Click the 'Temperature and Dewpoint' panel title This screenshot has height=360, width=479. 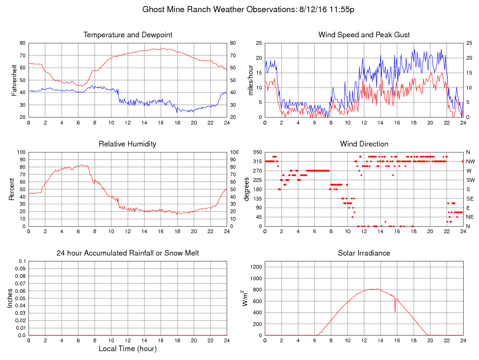pyautogui.click(x=128, y=35)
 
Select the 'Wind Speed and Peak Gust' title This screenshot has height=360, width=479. pyautogui.click(x=364, y=35)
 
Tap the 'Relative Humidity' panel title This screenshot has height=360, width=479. pyautogui.click(x=128, y=144)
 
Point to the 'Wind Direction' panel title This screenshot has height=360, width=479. pyautogui.click(x=364, y=144)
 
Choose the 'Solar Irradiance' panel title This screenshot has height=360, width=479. pyautogui.click(x=364, y=253)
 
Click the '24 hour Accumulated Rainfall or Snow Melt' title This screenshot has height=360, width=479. pyautogui.click(x=128, y=253)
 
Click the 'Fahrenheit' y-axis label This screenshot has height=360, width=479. pyautogui.click(x=14, y=80)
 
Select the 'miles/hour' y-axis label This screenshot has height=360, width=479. pyautogui.click(x=250, y=80)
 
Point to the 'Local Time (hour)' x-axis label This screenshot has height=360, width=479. pyautogui.click(x=128, y=348)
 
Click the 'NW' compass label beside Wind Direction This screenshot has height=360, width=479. pyautogui.click(x=470, y=161)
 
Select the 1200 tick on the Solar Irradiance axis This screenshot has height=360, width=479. pyautogui.click(x=256, y=267)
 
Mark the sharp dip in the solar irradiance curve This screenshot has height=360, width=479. pyautogui.click(x=395, y=310)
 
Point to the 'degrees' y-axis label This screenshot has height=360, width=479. pyautogui.click(x=247, y=189)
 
